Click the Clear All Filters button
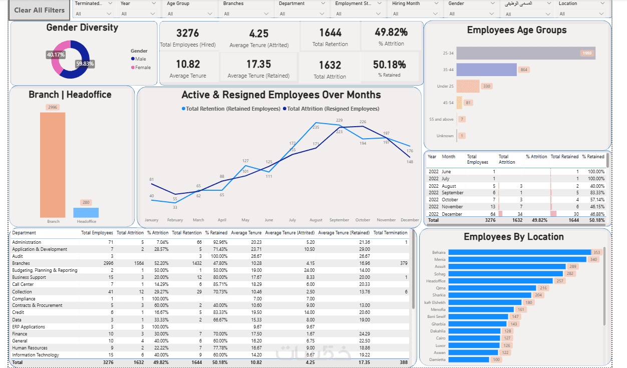coord(40,10)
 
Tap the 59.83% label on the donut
coord(85,64)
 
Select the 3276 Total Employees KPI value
coord(188,33)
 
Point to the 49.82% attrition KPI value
coord(391,32)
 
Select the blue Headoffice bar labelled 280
coord(86,212)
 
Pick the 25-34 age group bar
coord(525,53)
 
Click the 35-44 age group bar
coord(486,70)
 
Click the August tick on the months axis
coord(316,220)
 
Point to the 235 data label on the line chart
coord(316,127)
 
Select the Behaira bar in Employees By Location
coord(519,252)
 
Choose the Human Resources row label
coord(30,348)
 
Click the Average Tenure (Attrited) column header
coord(289,233)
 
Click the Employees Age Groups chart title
coord(517,30)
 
